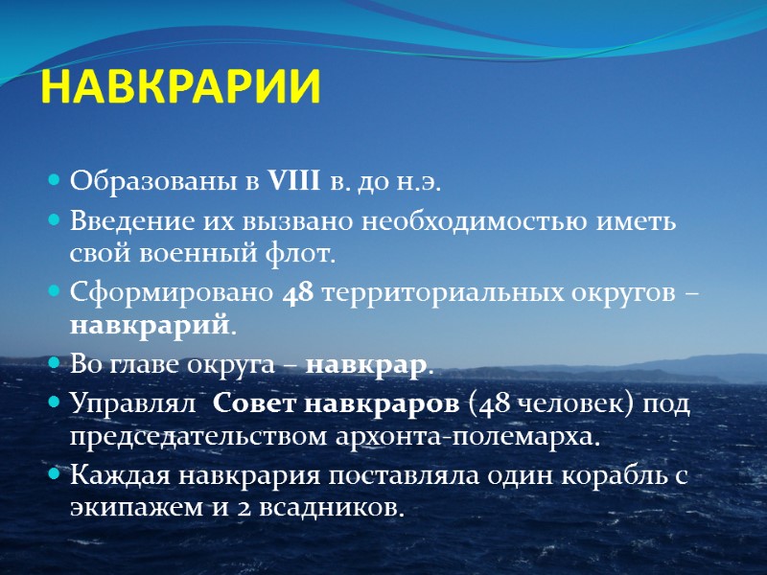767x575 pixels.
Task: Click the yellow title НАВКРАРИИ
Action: (182, 89)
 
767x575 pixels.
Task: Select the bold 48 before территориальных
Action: (299, 294)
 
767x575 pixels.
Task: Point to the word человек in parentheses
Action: (564, 404)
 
